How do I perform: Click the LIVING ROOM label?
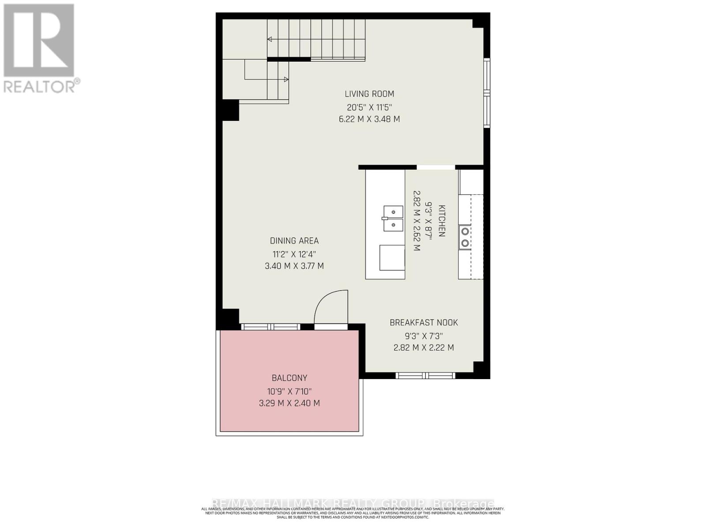pyautogui.click(x=369, y=94)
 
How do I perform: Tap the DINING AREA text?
pyautogui.click(x=294, y=241)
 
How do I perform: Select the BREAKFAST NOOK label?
pyautogui.click(x=424, y=323)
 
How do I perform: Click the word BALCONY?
pyautogui.click(x=289, y=378)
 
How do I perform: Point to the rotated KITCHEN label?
pyautogui.click(x=441, y=221)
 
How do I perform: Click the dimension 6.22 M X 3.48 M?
pyautogui.click(x=369, y=119)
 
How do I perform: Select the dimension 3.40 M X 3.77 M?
pyautogui.click(x=294, y=266)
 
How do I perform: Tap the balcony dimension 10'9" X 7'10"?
pyautogui.click(x=289, y=391)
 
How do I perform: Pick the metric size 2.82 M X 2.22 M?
pyautogui.click(x=424, y=347)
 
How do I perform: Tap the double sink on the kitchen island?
pyautogui.click(x=393, y=219)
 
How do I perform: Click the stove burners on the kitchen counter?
pyautogui.click(x=465, y=237)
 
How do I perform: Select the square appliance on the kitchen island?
pyautogui.click(x=392, y=258)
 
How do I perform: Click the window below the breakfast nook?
pyautogui.click(x=425, y=376)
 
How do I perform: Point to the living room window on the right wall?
pyautogui.click(x=487, y=93)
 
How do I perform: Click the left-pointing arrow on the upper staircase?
pyautogui.click(x=270, y=40)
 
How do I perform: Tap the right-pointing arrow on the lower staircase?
pyautogui.click(x=286, y=79)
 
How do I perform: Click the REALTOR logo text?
pyautogui.click(x=42, y=86)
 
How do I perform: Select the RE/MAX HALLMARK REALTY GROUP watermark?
pyautogui.click(x=353, y=503)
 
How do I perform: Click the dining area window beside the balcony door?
pyautogui.click(x=270, y=327)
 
